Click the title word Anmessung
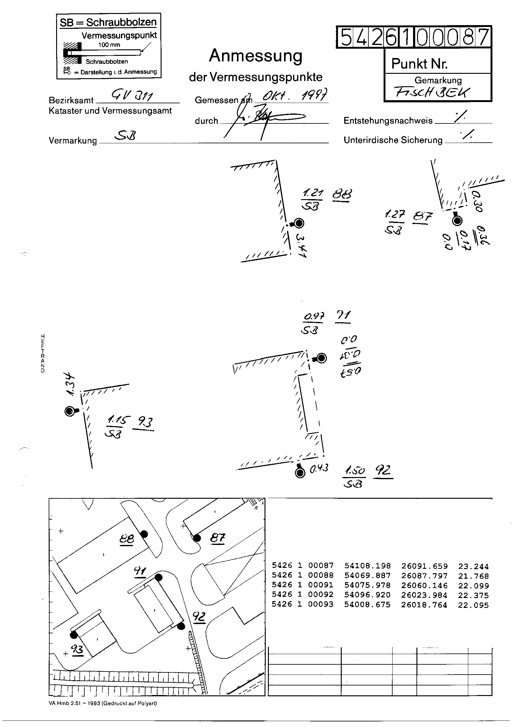click(x=256, y=56)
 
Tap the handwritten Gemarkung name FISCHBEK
click(x=432, y=92)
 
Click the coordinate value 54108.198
click(x=367, y=566)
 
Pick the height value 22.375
click(x=473, y=595)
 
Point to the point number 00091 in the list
click(x=321, y=585)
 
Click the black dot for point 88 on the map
click(x=144, y=534)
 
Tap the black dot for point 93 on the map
click(x=74, y=635)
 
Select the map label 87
click(x=218, y=538)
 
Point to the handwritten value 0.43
click(x=319, y=468)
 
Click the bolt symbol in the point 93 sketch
click(x=69, y=412)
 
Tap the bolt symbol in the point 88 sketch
click(x=299, y=223)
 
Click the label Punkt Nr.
click(x=420, y=64)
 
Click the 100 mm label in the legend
click(x=109, y=45)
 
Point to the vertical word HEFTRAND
click(x=43, y=353)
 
